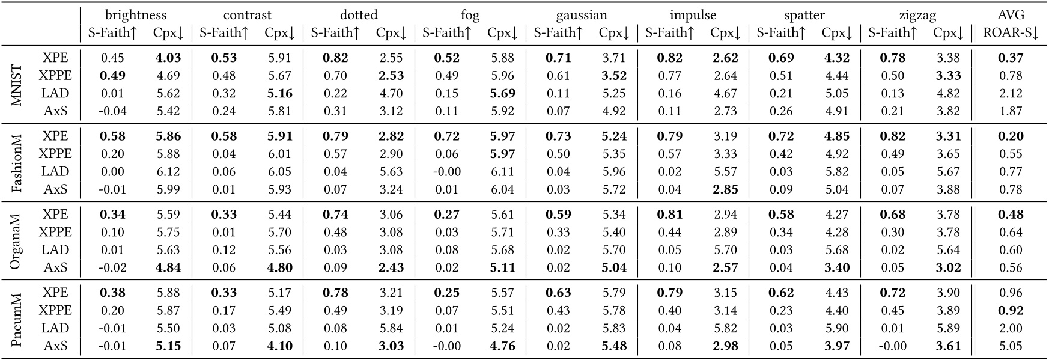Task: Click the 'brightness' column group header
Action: click(135, 15)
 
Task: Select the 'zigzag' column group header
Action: click(917, 15)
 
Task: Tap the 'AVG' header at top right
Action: click(1010, 15)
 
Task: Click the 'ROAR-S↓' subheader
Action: click(1010, 33)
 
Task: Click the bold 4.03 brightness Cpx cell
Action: click(168, 58)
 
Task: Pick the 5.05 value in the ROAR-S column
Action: click(1010, 346)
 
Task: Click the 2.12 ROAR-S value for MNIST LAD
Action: click(1010, 94)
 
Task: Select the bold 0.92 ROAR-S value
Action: click(1010, 311)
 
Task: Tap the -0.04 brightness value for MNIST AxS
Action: click(112, 111)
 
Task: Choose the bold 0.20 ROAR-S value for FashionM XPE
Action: click(1010, 136)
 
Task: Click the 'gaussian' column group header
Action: click(581, 15)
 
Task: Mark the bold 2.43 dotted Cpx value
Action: click(391, 268)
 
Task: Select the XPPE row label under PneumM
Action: click(55, 311)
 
